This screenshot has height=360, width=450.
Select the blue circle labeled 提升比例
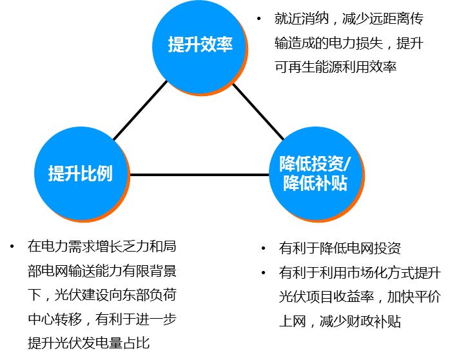80,174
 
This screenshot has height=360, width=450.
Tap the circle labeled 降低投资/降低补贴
313,174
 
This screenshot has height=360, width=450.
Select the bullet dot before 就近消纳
259,19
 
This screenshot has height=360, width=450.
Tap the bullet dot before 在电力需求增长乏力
12,246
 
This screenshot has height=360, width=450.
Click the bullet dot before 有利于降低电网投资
264,248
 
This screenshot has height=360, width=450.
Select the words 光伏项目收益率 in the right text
318,297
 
